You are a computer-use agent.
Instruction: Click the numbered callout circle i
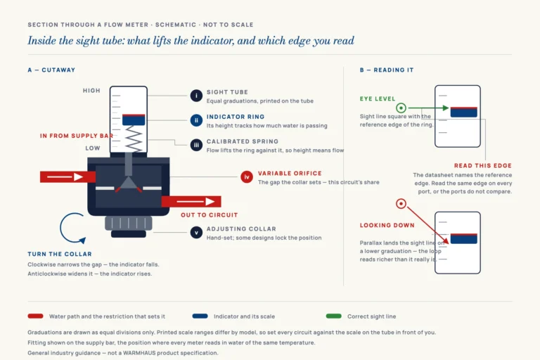(x=196, y=96)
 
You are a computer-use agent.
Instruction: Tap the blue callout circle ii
(x=196, y=120)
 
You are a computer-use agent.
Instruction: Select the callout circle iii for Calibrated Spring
(x=196, y=145)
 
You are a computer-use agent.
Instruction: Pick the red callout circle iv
(x=247, y=177)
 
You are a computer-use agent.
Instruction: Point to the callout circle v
(x=196, y=233)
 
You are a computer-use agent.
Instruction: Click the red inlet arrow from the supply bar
(x=67, y=176)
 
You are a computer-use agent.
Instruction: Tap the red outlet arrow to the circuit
(x=191, y=202)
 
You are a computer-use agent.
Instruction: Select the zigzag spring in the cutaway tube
(x=134, y=139)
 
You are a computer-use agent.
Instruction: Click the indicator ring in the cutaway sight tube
(x=134, y=120)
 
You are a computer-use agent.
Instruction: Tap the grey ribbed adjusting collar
(x=129, y=223)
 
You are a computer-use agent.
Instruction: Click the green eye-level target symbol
(x=401, y=108)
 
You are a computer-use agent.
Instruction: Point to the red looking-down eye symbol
(x=401, y=204)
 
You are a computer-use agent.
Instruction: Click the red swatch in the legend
(x=35, y=316)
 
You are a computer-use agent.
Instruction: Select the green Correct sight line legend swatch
(x=334, y=316)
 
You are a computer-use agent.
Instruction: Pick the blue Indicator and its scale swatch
(x=200, y=316)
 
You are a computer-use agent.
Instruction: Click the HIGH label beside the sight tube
(x=91, y=91)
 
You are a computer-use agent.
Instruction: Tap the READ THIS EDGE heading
(x=483, y=166)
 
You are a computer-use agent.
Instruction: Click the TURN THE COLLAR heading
(x=60, y=255)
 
